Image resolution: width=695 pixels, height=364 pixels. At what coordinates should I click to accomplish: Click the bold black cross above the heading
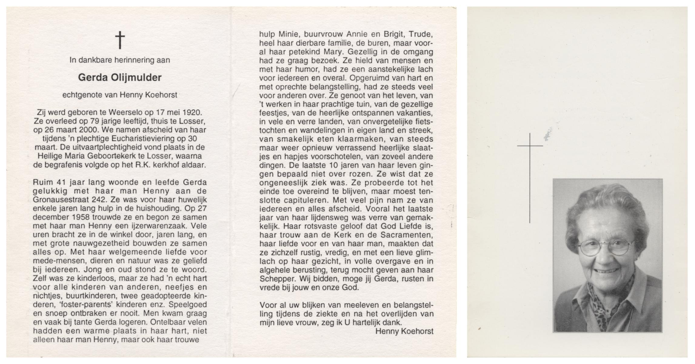(x=120, y=41)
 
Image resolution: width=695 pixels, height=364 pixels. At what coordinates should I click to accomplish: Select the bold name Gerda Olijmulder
(x=120, y=78)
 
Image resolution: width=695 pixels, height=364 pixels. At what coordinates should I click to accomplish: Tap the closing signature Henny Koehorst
(x=404, y=332)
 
